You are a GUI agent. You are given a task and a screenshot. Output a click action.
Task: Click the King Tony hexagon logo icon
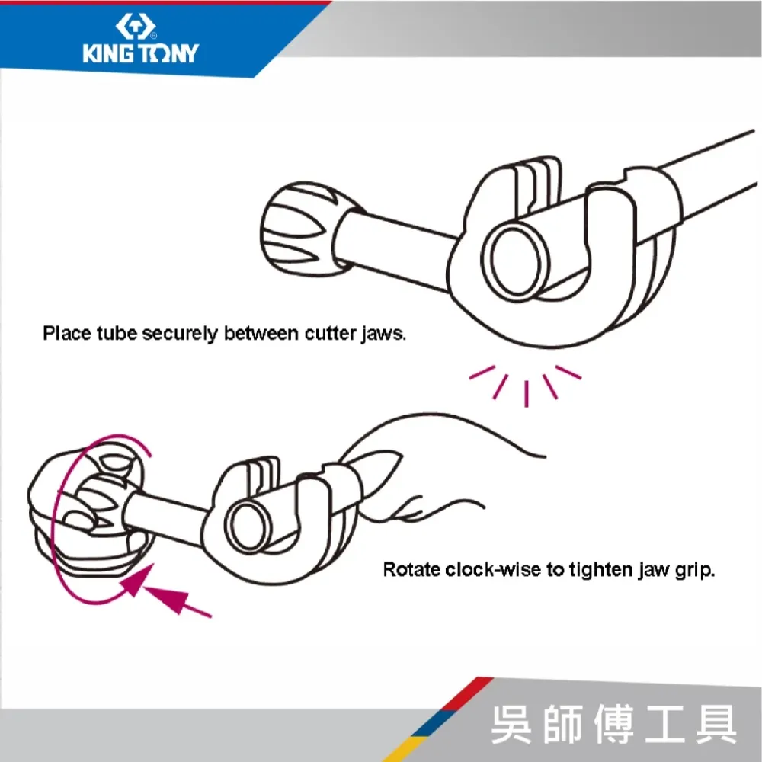(136, 26)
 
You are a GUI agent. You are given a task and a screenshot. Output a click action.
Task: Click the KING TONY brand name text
(141, 53)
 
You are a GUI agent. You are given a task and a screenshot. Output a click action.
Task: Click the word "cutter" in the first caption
(330, 334)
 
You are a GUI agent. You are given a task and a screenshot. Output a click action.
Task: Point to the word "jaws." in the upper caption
(383, 335)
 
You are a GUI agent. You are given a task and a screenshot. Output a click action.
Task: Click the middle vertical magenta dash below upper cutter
(527, 394)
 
